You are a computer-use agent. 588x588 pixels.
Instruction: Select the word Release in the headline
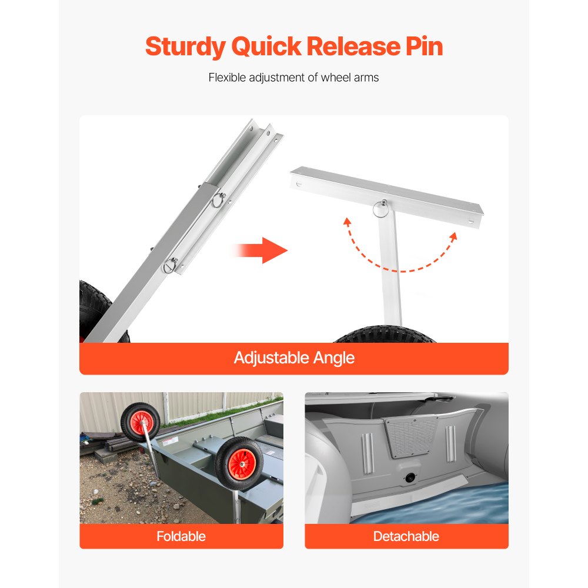pos(353,46)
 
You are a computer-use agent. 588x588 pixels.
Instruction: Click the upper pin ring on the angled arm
pos(219,199)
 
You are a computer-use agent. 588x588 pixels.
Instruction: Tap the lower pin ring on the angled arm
pos(171,266)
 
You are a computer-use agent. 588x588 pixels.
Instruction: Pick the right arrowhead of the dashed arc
pos(453,236)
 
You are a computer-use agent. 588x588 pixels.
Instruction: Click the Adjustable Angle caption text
pos(294,358)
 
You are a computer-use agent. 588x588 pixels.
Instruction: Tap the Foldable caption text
pos(181,536)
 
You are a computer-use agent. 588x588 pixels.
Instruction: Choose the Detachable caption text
pos(406,536)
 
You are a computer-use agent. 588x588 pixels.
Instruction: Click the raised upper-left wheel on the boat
pos(141,422)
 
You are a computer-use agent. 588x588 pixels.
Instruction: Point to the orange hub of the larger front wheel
pos(242,464)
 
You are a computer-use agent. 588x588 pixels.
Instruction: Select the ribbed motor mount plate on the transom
pos(411,437)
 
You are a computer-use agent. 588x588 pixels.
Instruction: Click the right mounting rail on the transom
pos(451,444)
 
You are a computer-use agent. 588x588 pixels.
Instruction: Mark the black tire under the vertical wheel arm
pos(385,335)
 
